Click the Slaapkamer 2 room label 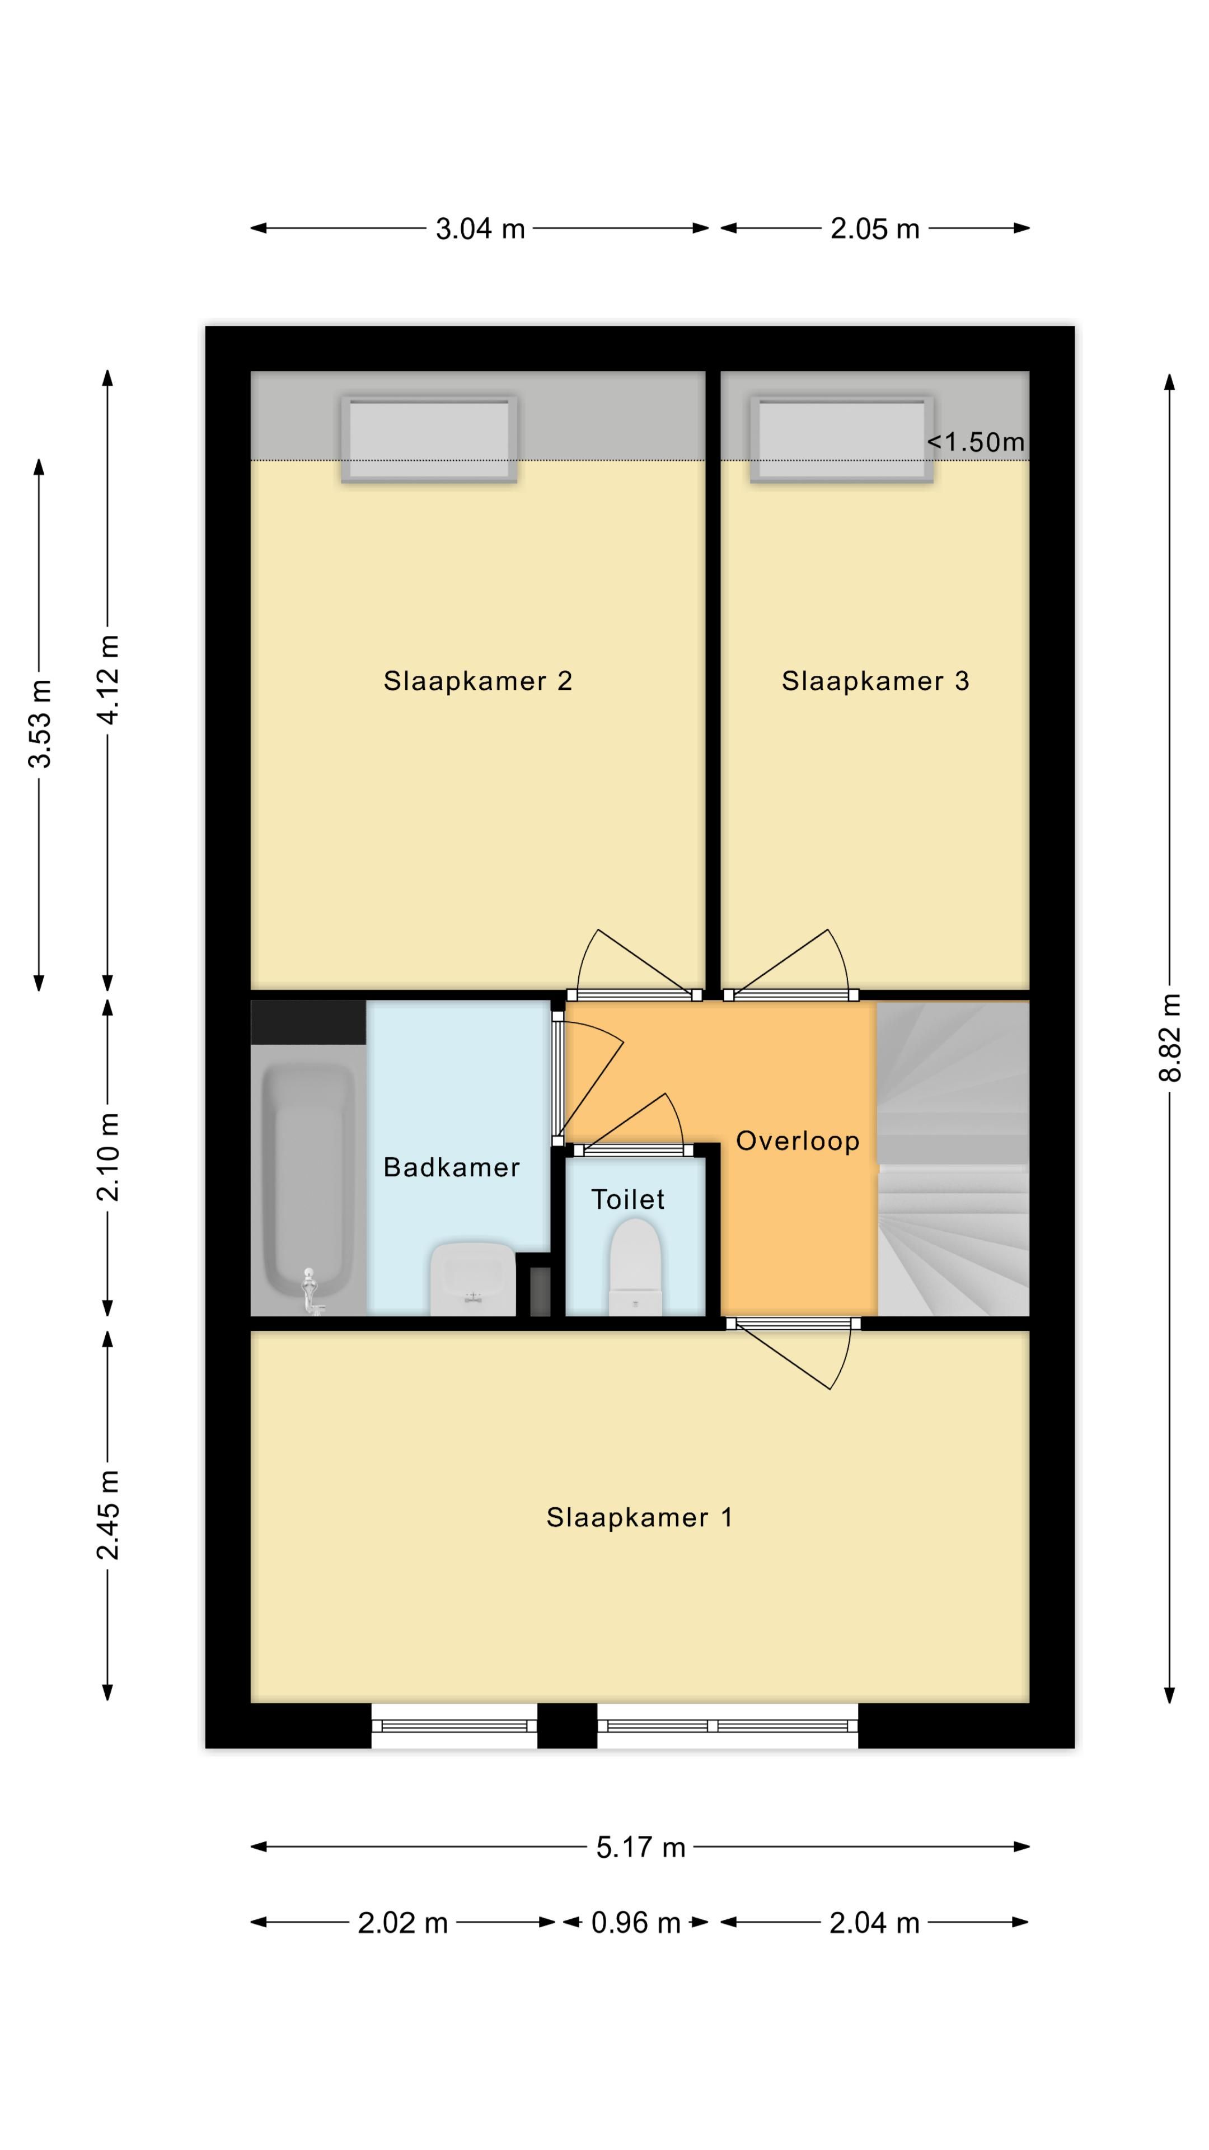(x=477, y=681)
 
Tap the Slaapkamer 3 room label (x=875, y=681)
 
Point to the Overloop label (x=798, y=1141)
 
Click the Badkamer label (x=451, y=1167)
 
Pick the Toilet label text (x=627, y=1199)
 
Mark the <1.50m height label (x=976, y=442)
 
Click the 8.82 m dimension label (x=1170, y=1037)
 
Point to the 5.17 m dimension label (x=640, y=1847)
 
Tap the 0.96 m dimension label (x=636, y=1922)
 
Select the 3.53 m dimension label (x=39, y=723)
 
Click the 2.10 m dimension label (x=107, y=1156)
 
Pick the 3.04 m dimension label (x=480, y=228)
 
